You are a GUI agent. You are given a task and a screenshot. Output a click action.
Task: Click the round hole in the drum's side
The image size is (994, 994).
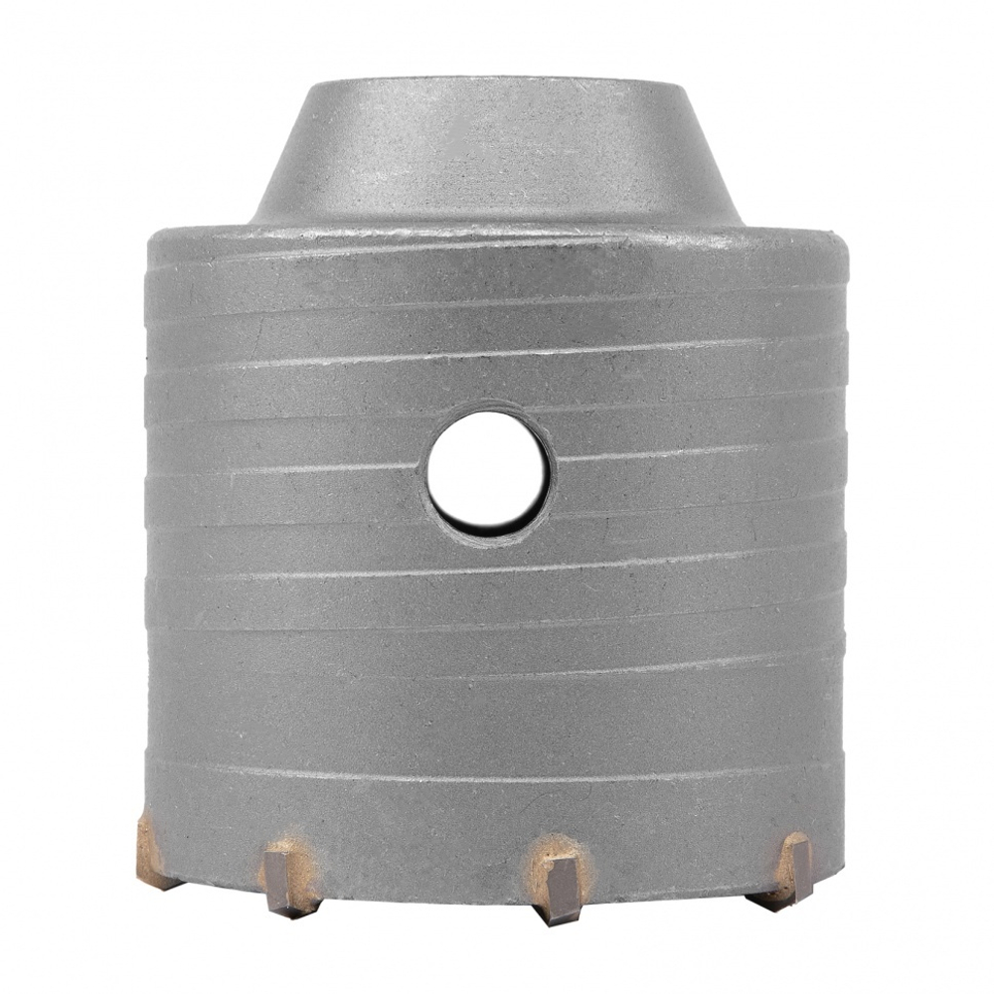[487, 469]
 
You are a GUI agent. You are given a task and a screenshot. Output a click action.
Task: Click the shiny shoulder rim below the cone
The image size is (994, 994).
[497, 231]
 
